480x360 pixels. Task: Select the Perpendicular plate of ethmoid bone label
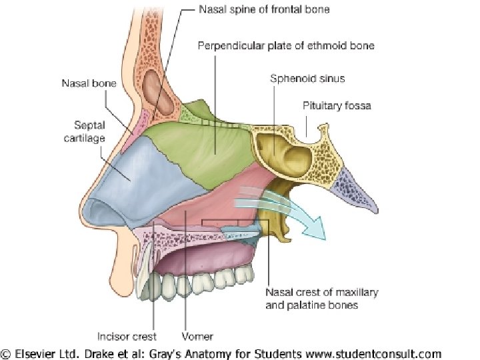click(286, 45)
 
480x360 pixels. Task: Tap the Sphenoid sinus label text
click(307, 78)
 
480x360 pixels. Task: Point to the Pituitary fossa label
click(337, 105)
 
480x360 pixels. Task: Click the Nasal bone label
click(89, 83)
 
